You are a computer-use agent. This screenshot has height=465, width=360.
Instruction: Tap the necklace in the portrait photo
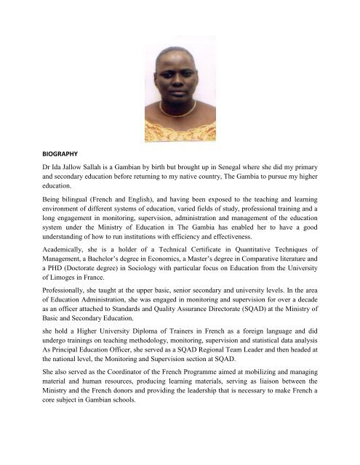coord(179,109)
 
